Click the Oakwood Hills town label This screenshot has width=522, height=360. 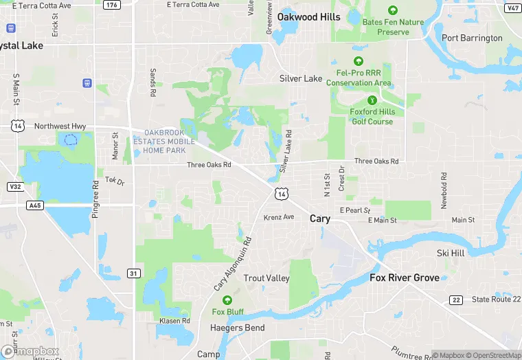tap(308, 17)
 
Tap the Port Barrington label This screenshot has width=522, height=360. tap(472, 38)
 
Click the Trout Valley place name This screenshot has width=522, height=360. tap(266, 278)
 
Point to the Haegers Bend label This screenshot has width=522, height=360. tap(237, 328)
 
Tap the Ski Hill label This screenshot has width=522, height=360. tap(451, 254)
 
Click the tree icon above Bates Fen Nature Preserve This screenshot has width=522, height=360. tap(392, 10)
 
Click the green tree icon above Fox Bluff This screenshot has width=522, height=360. tap(227, 300)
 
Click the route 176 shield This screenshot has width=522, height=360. tap(112, 5)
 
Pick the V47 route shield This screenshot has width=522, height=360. tap(512, 8)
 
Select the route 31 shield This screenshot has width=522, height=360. tap(134, 273)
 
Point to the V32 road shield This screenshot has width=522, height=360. tap(14, 186)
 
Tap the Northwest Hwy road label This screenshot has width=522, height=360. tap(60, 126)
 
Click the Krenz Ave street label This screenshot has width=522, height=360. tap(279, 217)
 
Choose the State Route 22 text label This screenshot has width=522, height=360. tap(496, 300)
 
